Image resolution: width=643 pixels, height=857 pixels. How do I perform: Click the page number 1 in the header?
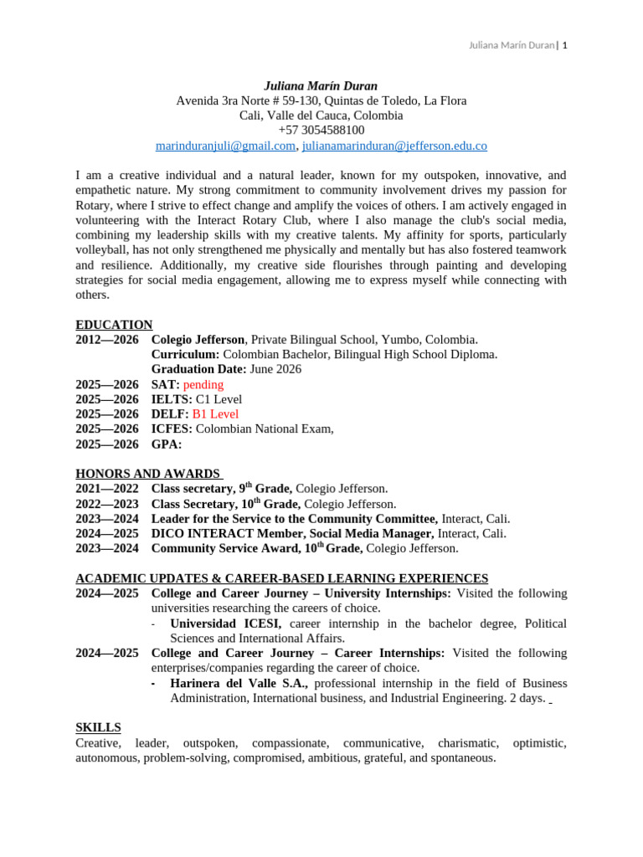point(564,45)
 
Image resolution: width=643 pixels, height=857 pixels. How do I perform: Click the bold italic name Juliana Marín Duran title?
point(321,86)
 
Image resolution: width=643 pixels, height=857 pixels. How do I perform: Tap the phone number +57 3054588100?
point(321,131)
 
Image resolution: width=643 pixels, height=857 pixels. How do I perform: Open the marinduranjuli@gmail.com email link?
point(225,146)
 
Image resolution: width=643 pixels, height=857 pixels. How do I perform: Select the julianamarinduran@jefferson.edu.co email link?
point(394,146)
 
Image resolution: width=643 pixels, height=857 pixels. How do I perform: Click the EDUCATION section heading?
point(114,325)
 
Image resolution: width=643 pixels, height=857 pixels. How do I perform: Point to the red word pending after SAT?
point(203,385)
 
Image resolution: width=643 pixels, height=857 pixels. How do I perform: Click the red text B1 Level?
point(215,414)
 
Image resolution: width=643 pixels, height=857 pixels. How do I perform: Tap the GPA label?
point(166,444)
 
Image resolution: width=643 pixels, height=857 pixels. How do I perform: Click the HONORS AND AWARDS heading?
point(147,474)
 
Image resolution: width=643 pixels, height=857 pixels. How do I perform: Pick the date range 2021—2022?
point(107,489)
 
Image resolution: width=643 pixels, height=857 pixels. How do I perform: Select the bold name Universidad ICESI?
point(225,624)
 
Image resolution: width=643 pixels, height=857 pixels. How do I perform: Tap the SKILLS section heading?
point(98,728)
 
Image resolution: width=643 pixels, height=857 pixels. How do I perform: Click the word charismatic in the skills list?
point(463,743)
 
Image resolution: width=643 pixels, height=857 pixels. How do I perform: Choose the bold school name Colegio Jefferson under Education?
point(198,340)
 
